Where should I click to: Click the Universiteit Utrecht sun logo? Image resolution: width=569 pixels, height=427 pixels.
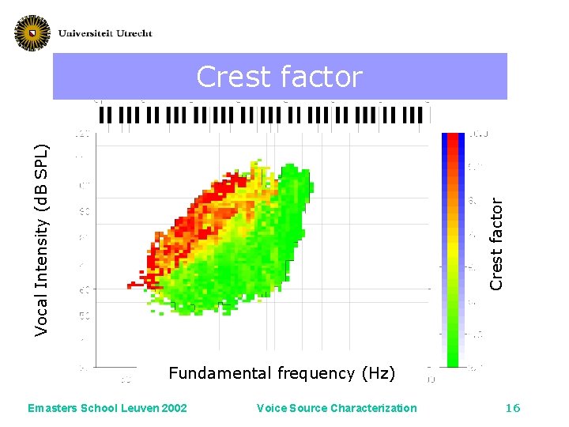tap(32, 32)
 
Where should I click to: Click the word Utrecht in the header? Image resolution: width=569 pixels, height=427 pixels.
tap(130, 33)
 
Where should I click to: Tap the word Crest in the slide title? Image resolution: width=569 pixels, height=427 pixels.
tap(232, 77)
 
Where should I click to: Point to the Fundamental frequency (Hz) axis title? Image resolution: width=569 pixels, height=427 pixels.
tap(282, 373)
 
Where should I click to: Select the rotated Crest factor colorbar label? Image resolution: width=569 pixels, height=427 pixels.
tap(496, 243)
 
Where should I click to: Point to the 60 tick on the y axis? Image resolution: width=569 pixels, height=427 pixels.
tap(83, 290)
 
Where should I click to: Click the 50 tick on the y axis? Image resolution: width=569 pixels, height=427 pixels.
tap(83, 316)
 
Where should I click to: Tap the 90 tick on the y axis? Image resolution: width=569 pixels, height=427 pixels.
tap(83, 211)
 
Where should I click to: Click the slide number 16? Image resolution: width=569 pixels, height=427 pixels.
tap(513, 408)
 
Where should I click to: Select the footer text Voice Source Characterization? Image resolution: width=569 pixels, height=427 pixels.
tap(337, 408)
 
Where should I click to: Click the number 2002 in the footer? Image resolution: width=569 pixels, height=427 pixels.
tap(173, 408)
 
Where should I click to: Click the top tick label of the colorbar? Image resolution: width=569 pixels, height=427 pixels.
tap(479, 135)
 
